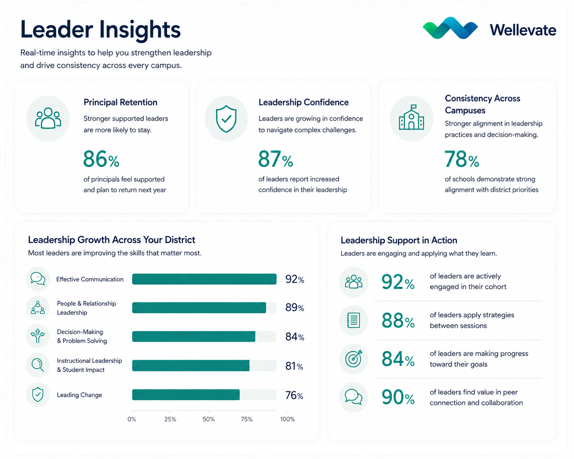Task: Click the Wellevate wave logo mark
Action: [x=450, y=28]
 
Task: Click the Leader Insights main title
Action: [x=101, y=30]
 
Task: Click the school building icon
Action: [x=411, y=117]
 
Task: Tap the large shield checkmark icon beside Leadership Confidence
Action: [x=226, y=119]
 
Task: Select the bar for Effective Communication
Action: [x=204, y=279]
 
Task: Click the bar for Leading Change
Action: [x=186, y=395]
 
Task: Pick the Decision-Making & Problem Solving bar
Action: [x=194, y=336]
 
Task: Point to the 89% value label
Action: [x=295, y=308]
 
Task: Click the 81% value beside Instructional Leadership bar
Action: [x=294, y=366]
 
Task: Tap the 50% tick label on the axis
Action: [x=208, y=419]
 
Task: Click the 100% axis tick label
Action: [x=287, y=419]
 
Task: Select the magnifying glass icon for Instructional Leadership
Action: [x=38, y=365]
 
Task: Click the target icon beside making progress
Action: [x=354, y=358]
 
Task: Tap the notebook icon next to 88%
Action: [x=353, y=320]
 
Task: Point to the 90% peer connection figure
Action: [x=398, y=397]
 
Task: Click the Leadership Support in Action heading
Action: [x=399, y=240]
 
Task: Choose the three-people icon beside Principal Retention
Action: [x=48, y=118]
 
